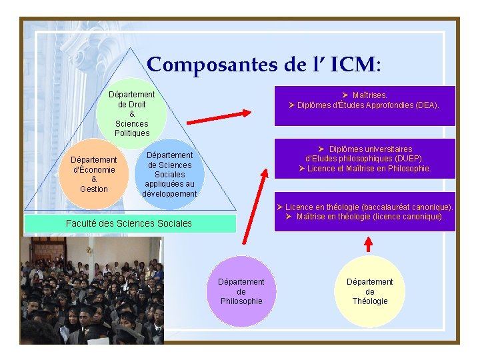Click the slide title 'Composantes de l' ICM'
[264, 65]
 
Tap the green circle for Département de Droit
[131, 113]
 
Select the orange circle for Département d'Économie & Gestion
[94, 174]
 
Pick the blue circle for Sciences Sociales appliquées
[169, 174]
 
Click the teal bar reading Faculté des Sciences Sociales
[129, 223]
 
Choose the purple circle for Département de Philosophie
[241, 291]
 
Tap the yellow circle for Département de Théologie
[369, 291]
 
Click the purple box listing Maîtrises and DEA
[364, 105]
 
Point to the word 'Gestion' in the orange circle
[94, 189]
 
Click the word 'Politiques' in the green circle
[132, 133]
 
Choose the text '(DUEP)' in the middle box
[408, 159]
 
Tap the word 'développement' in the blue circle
[169, 194]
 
